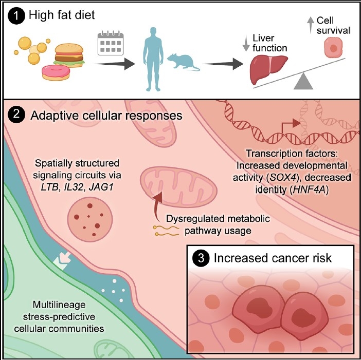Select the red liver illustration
point(268,70)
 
